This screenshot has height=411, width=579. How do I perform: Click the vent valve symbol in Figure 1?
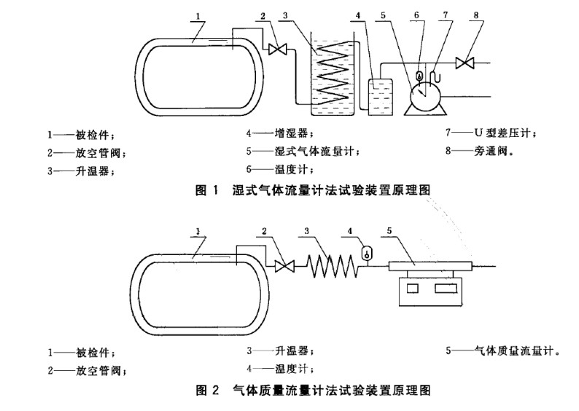pyautogui.click(x=277, y=50)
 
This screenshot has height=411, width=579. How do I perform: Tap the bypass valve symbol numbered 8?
pyautogui.click(x=465, y=63)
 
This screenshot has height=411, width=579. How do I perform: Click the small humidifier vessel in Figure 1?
pyautogui.click(x=381, y=95)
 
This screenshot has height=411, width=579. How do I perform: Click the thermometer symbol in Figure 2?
pyautogui.click(x=367, y=253)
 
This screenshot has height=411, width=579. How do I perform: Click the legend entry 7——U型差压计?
pyautogui.click(x=490, y=133)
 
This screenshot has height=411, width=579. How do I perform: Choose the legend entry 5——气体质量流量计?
pyautogui.click(x=503, y=351)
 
